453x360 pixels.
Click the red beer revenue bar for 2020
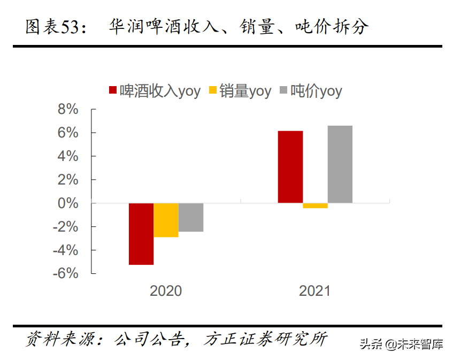tap(141, 234)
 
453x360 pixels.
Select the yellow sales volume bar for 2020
tap(166, 220)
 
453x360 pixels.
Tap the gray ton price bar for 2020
tap(191, 217)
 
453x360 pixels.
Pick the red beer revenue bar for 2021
tap(290, 167)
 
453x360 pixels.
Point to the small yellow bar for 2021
tap(315, 205)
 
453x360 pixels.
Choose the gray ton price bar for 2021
tap(340, 164)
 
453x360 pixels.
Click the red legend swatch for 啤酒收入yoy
tap(113, 91)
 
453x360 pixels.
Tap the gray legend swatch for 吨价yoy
tap(283, 91)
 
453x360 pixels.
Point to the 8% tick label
tap(68, 109)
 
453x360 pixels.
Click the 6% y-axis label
tap(68, 133)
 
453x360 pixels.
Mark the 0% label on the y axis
tap(68, 203)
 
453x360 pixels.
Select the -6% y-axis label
tap(66, 273)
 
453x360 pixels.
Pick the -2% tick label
tap(66, 227)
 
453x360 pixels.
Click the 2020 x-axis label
tap(166, 291)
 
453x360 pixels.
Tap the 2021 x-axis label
tap(315, 291)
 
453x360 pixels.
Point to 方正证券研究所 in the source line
tap(265, 339)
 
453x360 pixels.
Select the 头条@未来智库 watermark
tap(401, 344)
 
